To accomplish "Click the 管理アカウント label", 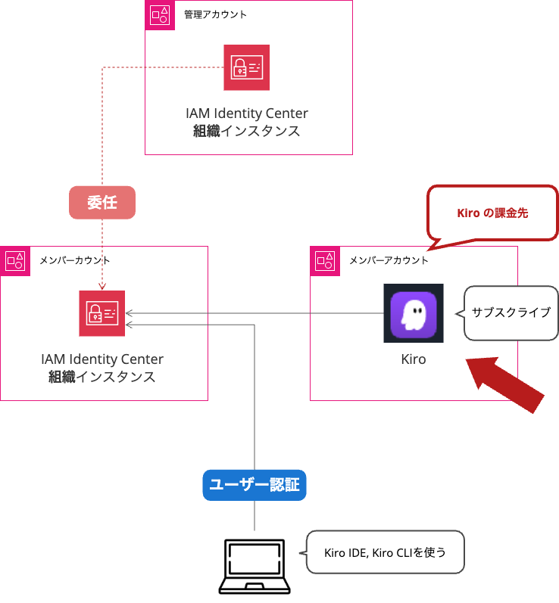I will coord(215,14).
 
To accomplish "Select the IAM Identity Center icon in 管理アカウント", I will coord(246,67).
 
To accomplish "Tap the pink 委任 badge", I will coord(102,203).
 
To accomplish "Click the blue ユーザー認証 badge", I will coord(255,485).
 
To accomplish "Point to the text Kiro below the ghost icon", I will coord(414,359).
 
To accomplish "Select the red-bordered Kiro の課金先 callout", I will coord(492,213).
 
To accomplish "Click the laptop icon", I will coord(255,566).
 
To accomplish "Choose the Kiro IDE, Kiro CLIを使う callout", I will coord(385,552).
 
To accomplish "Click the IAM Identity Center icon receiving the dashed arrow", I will coord(102,313).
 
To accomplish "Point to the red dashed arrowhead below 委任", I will coord(102,286).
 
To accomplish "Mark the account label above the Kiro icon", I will coord(388,260).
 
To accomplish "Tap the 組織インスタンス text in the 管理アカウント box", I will coord(247,132).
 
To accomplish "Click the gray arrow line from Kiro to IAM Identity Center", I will coord(258,313).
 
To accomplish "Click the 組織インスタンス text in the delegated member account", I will coord(102,377).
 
